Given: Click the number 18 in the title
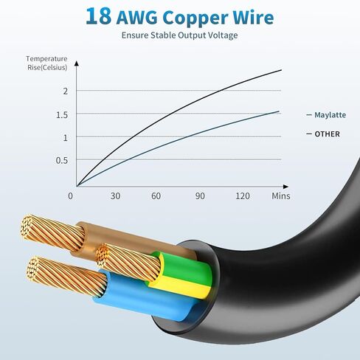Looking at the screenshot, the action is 98,16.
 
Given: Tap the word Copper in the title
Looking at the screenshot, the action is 195,18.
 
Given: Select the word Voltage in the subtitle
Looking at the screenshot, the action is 223,35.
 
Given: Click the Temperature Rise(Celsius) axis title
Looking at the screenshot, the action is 46,63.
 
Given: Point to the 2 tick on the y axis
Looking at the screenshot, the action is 65,91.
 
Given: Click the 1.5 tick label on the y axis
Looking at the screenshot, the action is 62,115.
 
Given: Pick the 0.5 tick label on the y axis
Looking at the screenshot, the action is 62,161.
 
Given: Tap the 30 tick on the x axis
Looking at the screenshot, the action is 115,196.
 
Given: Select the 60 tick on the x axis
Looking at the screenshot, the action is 156,196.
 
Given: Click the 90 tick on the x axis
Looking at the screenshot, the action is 200,196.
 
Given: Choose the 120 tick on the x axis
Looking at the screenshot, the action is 243,196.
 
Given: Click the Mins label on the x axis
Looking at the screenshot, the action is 281,196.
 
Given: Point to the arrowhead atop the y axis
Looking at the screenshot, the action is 77,63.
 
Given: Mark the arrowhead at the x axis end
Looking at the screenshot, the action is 285,187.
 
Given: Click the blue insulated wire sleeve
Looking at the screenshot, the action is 145,293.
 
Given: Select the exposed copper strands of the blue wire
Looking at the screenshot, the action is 67,275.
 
